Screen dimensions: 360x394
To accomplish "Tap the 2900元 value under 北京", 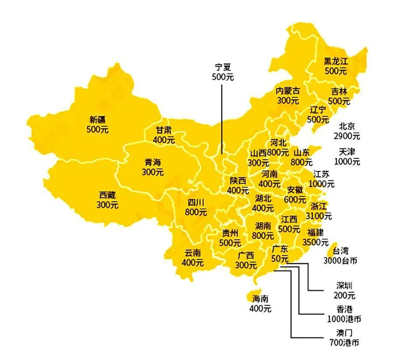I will pyautogui.click(x=347, y=136).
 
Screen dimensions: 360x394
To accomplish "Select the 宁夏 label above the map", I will pyautogui.click(x=222, y=66).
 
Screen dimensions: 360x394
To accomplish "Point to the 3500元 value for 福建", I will pyautogui.click(x=315, y=242).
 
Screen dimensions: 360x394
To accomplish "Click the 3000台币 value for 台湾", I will pyautogui.click(x=341, y=261).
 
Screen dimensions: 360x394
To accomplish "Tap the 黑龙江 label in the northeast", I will pyautogui.click(x=335, y=62).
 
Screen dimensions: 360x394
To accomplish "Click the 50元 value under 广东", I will pyautogui.click(x=280, y=259).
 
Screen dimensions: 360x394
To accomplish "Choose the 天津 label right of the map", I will pyautogui.click(x=347, y=152).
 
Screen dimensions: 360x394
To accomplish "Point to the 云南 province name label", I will pyautogui.click(x=193, y=253).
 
